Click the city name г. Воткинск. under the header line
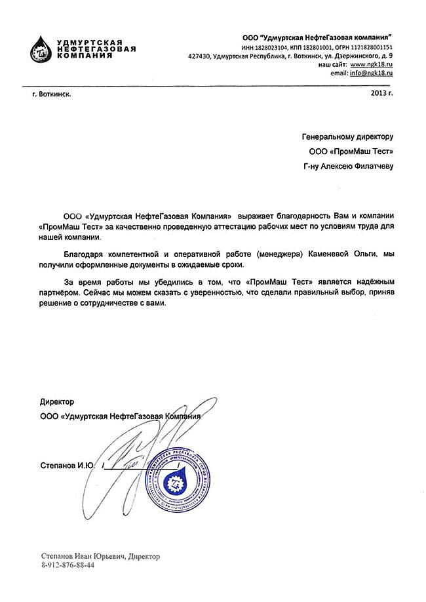52,94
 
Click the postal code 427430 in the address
199,57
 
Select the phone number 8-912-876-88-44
68,565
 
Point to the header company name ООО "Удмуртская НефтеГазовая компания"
316,37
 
